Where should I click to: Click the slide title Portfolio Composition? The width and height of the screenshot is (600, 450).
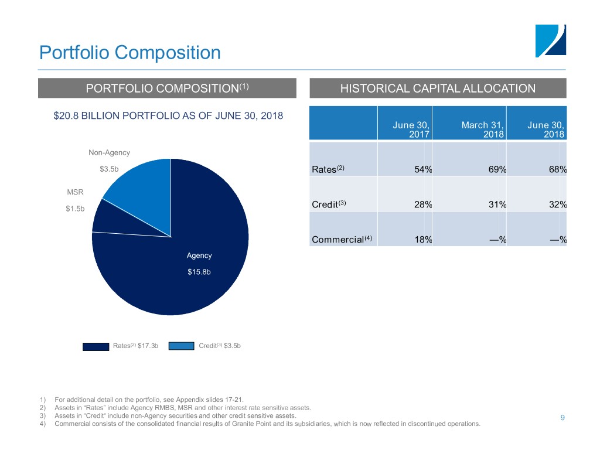(x=129, y=53)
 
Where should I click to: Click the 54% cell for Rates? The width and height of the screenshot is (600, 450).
(x=422, y=170)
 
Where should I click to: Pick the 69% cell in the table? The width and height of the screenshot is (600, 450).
(x=497, y=170)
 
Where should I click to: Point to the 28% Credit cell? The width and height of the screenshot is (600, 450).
(x=422, y=204)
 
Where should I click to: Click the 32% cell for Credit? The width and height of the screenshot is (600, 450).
(x=557, y=204)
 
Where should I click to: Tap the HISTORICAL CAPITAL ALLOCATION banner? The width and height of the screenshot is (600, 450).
(x=438, y=88)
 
